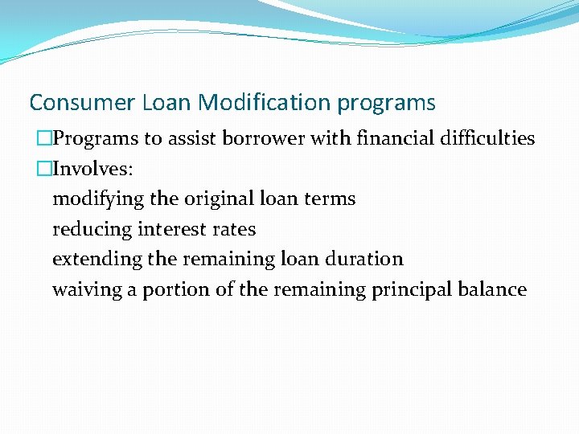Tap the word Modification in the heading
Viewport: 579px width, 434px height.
click(x=265, y=103)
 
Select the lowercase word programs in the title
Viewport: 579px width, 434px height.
click(x=387, y=104)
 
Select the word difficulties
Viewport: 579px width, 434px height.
click(x=488, y=138)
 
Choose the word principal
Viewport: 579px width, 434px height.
click(x=411, y=290)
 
